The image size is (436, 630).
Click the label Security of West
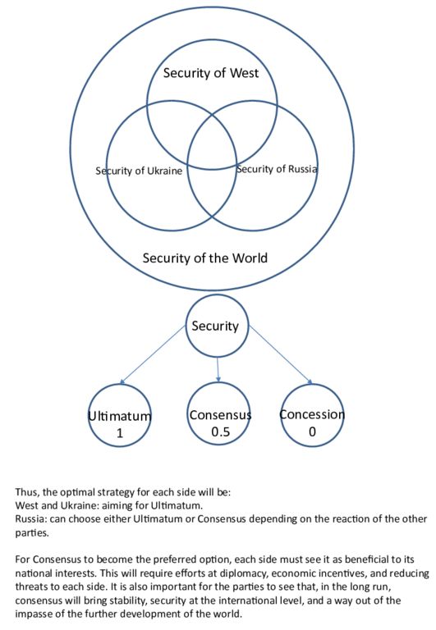click(x=211, y=73)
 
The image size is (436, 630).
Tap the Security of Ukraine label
click(x=139, y=171)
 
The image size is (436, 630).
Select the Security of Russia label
click(x=277, y=169)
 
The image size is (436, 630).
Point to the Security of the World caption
click(x=204, y=258)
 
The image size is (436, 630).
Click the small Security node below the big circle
click(x=217, y=326)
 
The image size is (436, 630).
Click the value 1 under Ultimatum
click(x=119, y=433)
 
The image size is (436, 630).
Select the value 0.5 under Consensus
click(x=220, y=431)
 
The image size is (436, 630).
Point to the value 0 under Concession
click(x=312, y=431)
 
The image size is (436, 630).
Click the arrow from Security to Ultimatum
click(x=153, y=354)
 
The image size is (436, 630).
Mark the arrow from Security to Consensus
click(x=218, y=370)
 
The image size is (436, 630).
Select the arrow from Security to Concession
click(x=281, y=354)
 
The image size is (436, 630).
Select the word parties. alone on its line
click(x=32, y=533)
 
